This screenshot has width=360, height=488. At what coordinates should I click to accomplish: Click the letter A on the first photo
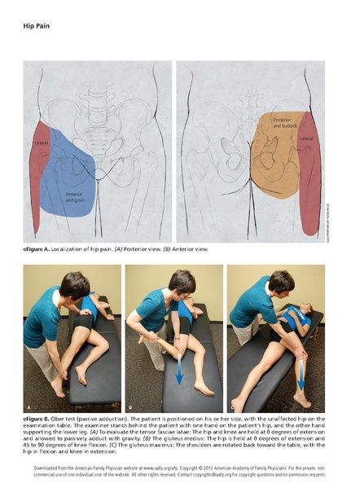coord(30,405)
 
